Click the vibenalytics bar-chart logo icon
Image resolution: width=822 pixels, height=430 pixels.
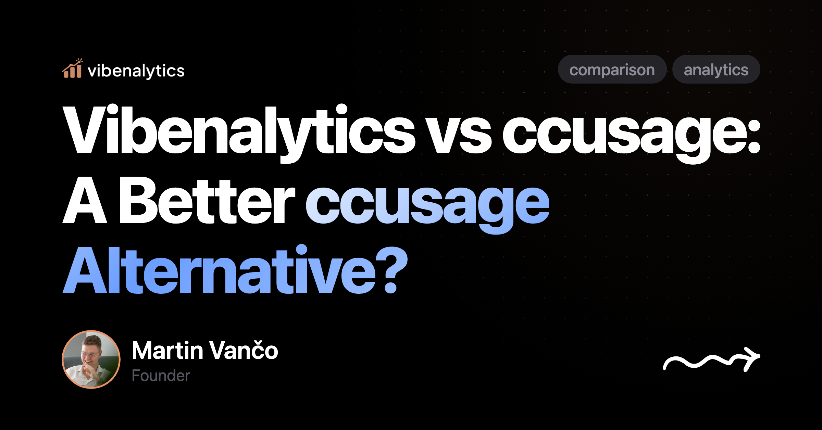[x=72, y=69]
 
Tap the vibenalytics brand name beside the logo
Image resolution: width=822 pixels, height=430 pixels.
[x=136, y=71]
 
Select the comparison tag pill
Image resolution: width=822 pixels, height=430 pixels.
[x=612, y=69]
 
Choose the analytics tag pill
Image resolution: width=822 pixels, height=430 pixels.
[x=716, y=69]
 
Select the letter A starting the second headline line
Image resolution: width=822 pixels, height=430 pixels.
[x=85, y=202]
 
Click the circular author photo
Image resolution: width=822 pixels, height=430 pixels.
[x=91, y=359]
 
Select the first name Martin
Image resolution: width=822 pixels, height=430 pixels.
[x=167, y=351]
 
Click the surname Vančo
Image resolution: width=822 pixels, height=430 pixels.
[x=244, y=351]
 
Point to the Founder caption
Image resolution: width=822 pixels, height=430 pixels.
[x=161, y=376]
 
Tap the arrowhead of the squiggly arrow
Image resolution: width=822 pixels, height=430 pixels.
[x=752, y=357]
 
